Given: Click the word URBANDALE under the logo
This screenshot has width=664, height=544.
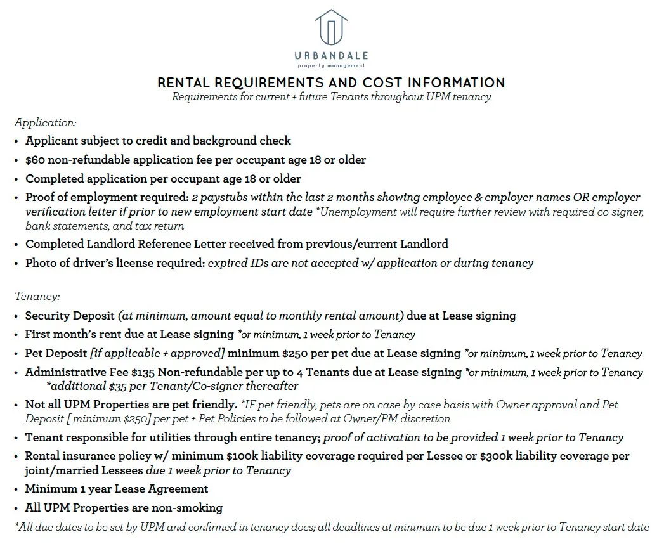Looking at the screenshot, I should point(332,56).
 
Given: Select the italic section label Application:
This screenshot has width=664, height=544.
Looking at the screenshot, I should point(45,122).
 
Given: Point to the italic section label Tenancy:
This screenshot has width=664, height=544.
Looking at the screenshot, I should point(37,297).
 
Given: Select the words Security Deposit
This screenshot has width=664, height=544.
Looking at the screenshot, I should point(70,315).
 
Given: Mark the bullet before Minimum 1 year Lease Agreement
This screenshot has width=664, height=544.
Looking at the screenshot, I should point(16,489).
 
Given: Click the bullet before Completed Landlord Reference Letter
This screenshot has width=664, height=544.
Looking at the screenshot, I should point(16,244).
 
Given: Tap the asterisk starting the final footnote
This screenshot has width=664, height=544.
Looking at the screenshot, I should point(16,526).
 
